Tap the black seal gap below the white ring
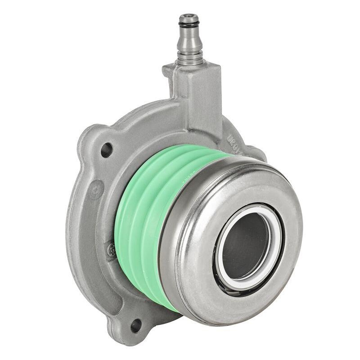(234, 286)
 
